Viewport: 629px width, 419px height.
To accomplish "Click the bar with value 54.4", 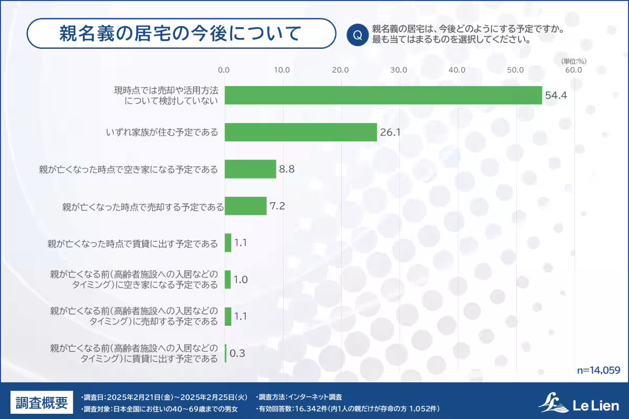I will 383,95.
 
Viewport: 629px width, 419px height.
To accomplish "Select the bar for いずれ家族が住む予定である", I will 301,133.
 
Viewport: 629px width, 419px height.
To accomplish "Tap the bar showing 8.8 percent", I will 250,169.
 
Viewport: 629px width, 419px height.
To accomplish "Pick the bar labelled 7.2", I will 245,206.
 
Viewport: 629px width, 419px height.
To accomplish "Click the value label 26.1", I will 391,133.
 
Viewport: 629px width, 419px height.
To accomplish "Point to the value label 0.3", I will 237,354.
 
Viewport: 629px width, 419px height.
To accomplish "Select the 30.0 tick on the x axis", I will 399,70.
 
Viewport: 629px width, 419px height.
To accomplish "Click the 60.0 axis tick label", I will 574,70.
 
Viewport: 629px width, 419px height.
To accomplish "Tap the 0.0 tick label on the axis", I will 224,70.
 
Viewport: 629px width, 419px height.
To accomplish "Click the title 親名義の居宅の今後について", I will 181,34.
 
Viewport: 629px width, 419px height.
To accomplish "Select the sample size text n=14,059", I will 599,370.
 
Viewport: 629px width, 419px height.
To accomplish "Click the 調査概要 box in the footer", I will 41,403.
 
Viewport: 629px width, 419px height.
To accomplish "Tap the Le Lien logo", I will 579,403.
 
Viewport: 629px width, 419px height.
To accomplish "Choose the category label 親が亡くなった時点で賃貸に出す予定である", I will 132,243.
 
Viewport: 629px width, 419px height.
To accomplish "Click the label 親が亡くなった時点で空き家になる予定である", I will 128,169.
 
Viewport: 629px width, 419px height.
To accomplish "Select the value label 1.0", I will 241,280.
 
